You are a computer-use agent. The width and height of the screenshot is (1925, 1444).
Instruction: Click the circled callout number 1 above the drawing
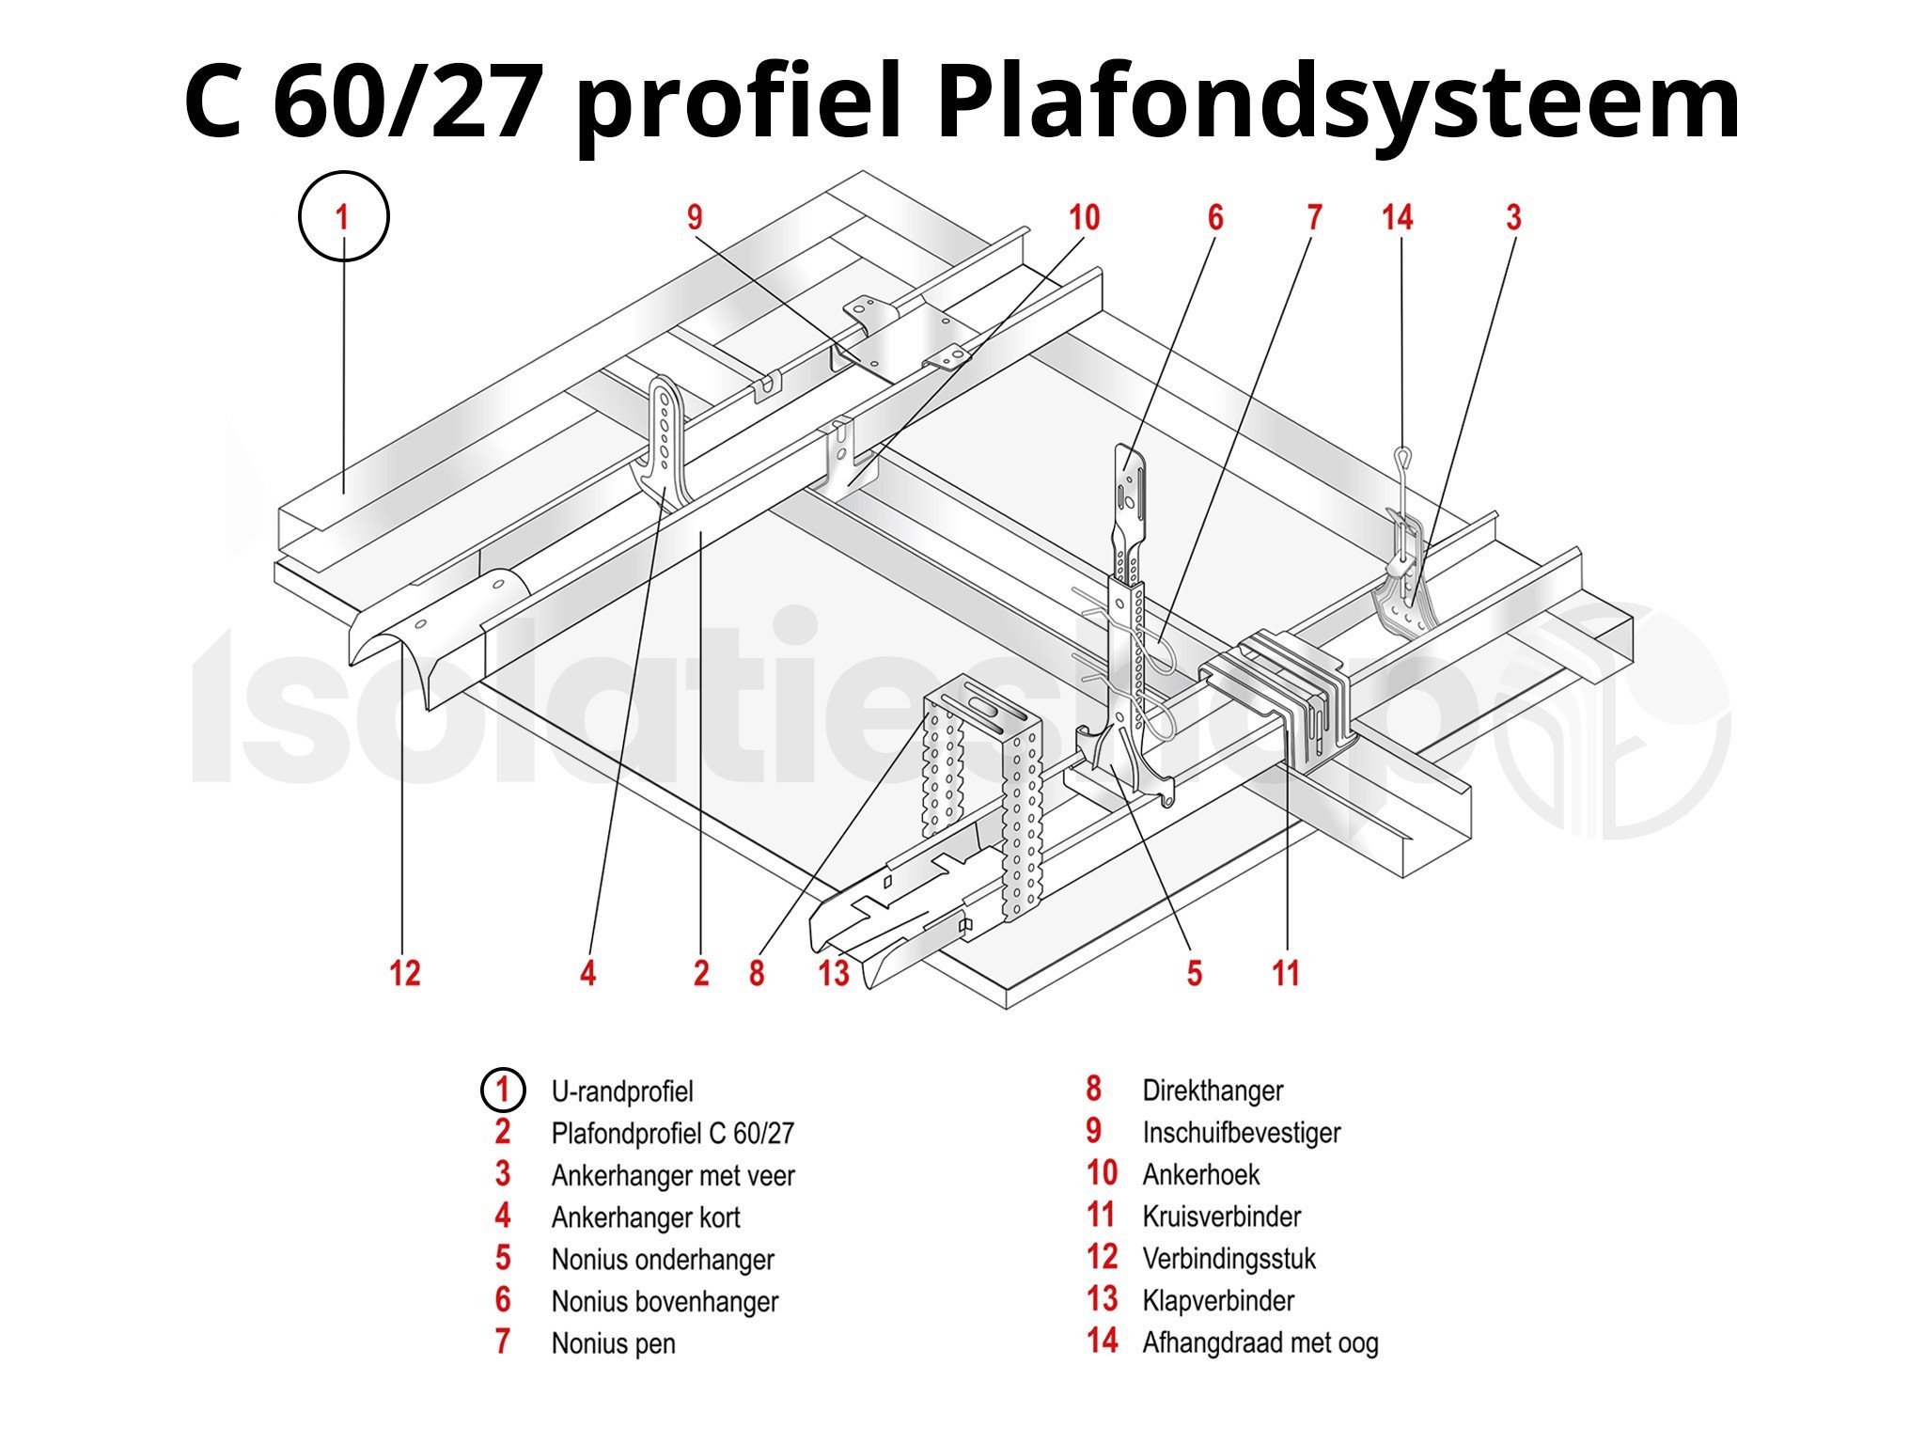tap(343, 216)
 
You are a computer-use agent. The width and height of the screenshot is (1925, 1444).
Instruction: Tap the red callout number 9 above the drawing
tap(695, 217)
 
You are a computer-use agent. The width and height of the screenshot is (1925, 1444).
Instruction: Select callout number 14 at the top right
tap(1397, 217)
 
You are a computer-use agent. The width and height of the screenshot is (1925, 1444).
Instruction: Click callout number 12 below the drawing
tap(404, 972)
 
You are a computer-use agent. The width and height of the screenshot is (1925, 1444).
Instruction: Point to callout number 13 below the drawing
tap(833, 972)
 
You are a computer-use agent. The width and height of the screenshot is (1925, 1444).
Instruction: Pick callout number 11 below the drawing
tap(1285, 972)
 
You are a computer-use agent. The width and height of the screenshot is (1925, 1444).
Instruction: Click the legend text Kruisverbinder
tap(1221, 1216)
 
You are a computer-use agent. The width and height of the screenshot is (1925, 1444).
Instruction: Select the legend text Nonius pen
tap(613, 1343)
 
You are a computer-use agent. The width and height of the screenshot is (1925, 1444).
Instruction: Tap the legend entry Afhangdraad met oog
tap(1260, 1342)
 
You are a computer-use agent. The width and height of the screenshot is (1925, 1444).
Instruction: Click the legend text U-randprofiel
tap(621, 1091)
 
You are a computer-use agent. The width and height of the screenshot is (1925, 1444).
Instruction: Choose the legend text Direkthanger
tap(1213, 1091)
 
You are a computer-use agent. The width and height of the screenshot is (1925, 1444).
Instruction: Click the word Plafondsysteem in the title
tap(1337, 102)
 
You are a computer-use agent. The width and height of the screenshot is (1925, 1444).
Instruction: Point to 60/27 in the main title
tap(409, 102)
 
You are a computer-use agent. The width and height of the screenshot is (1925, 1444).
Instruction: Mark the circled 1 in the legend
tap(502, 1091)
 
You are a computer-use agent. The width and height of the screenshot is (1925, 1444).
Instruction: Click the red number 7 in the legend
tap(503, 1342)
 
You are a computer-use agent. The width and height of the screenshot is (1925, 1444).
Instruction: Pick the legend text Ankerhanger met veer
tap(672, 1175)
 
